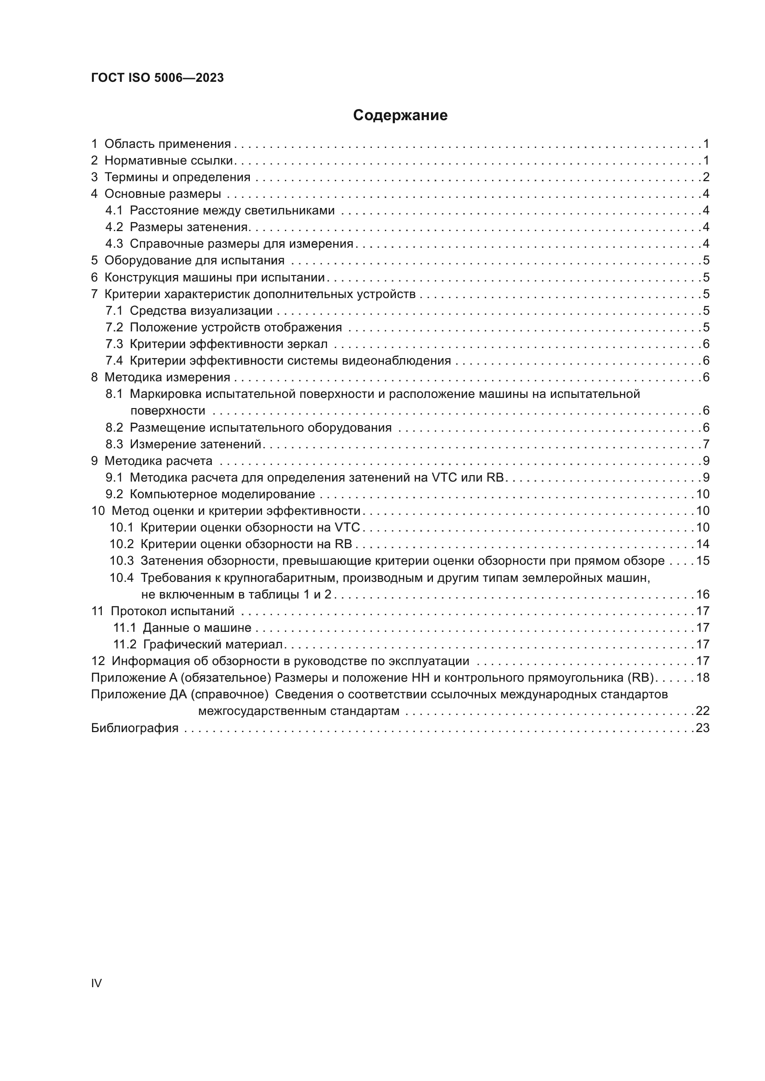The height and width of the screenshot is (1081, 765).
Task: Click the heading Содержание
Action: click(400, 116)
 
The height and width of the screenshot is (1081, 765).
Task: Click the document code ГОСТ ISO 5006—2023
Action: click(157, 78)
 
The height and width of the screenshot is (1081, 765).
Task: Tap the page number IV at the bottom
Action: click(96, 983)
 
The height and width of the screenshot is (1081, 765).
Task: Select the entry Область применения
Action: click(167, 144)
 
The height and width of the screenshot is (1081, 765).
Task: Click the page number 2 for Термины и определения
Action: click(706, 177)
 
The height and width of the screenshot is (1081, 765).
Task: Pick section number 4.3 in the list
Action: click(114, 244)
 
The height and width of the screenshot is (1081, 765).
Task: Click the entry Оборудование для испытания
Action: click(194, 260)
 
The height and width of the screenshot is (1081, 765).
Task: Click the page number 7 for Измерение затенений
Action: click(706, 444)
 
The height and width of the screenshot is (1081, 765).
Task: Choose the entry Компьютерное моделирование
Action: click(222, 495)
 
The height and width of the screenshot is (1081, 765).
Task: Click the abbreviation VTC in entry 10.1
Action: click(347, 528)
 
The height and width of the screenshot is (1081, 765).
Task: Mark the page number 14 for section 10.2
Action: click(703, 544)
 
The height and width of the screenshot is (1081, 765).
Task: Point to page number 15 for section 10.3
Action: click(703, 561)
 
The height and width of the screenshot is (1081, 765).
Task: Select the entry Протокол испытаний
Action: click(172, 611)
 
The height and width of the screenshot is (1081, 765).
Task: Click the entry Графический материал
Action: click(212, 645)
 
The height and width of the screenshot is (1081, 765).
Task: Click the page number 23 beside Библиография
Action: click(703, 728)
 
